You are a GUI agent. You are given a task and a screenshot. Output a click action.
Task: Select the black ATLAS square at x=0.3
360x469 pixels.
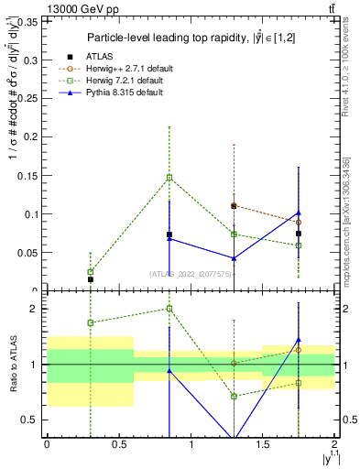coord(90,279)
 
